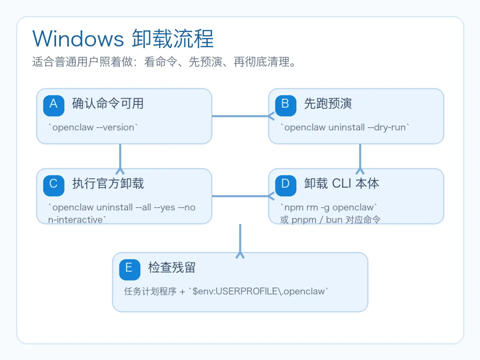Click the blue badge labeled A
(x=54, y=104)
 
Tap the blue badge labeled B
(x=285, y=104)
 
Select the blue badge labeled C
(x=54, y=184)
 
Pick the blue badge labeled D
(x=285, y=184)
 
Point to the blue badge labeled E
(x=129, y=268)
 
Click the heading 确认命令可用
(x=108, y=104)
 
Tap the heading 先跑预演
(x=328, y=104)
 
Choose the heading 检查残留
(x=172, y=268)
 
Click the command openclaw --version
(x=93, y=128)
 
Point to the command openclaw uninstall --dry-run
(x=345, y=128)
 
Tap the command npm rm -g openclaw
(x=329, y=208)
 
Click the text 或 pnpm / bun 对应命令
(x=330, y=220)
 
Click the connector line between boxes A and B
(x=240, y=116)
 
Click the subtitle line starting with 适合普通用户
(x=164, y=62)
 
